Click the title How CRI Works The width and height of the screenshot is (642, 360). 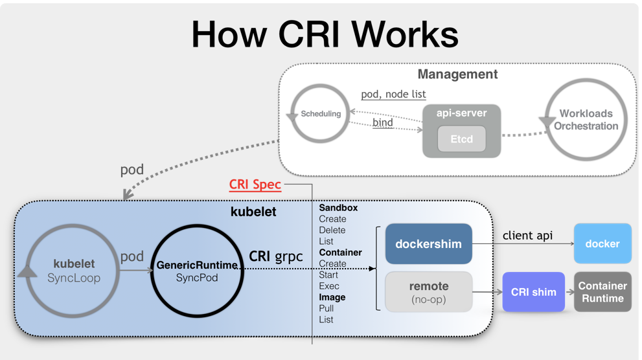click(x=325, y=34)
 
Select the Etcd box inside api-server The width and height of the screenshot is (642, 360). click(x=461, y=139)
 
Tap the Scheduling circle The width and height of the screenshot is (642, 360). click(x=320, y=114)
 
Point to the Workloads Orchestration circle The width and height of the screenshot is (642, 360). click(x=586, y=120)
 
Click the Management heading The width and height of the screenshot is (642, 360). click(x=457, y=74)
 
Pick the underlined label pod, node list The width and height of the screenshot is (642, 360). click(x=393, y=95)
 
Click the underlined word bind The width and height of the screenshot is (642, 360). click(x=383, y=122)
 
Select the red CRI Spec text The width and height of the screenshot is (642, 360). click(x=255, y=185)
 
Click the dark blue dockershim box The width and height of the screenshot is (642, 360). click(x=428, y=244)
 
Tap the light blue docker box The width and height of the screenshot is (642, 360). click(x=602, y=243)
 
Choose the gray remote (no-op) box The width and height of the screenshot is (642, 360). click(x=428, y=292)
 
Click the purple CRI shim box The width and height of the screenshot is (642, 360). click(x=534, y=292)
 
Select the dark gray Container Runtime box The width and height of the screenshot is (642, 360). click(x=602, y=292)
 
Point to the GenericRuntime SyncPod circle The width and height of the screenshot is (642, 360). click(x=197, y=271)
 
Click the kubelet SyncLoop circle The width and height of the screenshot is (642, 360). click(x=73, y=271)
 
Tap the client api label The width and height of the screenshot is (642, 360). click(x=527, y=235)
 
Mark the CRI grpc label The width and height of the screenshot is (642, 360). click(x=276, y=256)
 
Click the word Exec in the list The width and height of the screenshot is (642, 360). click(x=329, y=286)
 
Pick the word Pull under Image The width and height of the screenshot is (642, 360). click(x=327, y=308)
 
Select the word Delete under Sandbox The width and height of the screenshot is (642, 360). click(x=332, y=231)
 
